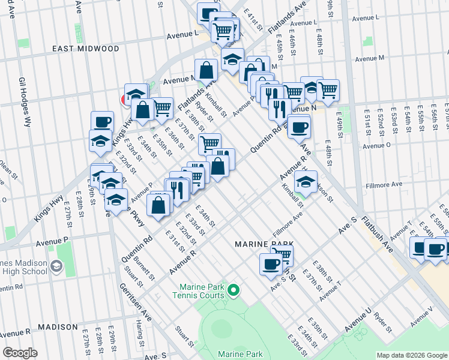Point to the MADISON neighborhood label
[x=58, y=327]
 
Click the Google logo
[x=20, y=353]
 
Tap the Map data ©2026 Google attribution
[x=411, y=355]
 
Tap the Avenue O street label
[x=377, y=145]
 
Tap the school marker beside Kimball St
[x=306, y=182]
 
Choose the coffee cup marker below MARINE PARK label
[x=271, y=263]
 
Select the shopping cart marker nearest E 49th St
[x=327, y=90]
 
